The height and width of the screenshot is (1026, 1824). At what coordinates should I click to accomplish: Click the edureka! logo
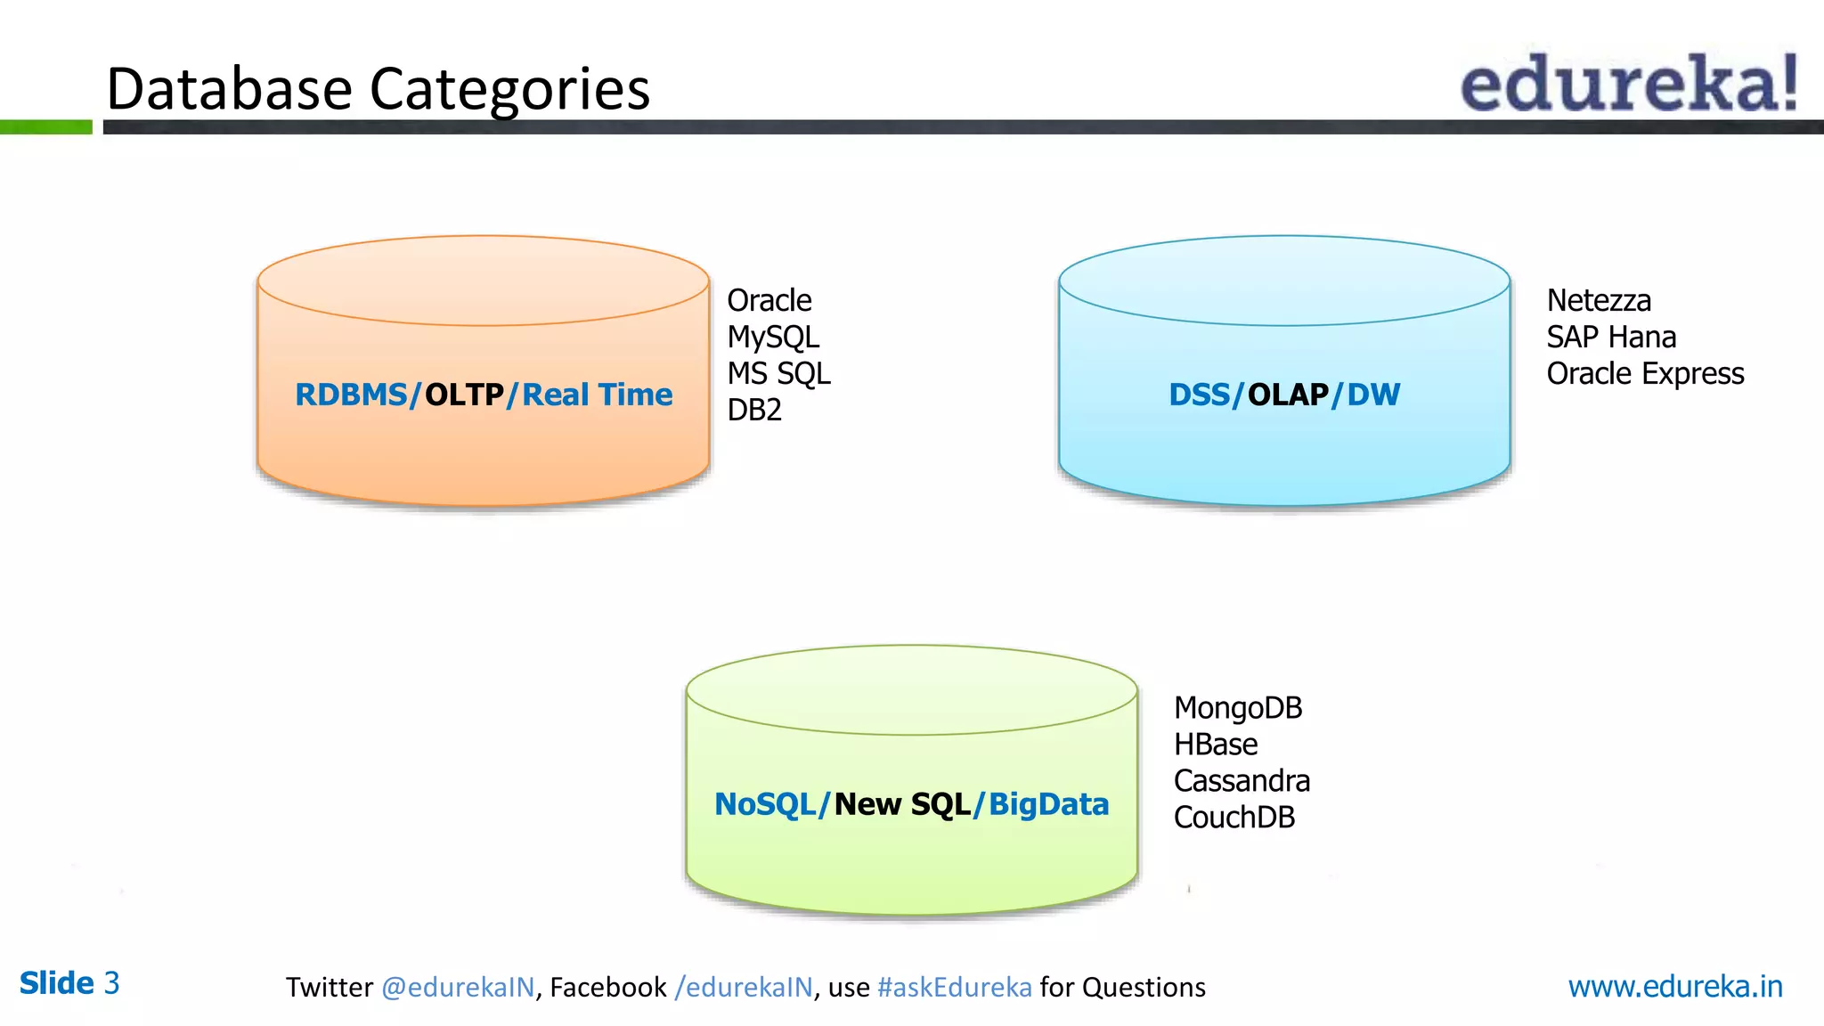coord(1628,84)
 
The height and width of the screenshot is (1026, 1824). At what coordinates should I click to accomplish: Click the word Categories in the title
coord(509,89)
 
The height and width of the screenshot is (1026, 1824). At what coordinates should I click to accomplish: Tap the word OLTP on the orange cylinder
coord(464,395)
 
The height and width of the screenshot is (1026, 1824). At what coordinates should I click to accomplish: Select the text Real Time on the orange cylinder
coord(597,395)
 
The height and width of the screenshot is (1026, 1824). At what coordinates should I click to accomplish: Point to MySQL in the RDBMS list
coord(772,338)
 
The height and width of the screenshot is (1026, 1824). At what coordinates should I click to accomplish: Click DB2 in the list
coord(753,410)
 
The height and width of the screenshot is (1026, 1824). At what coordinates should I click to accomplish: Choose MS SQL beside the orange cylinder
coord(778,373)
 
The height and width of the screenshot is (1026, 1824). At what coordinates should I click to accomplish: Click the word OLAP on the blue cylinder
coord(1288,395)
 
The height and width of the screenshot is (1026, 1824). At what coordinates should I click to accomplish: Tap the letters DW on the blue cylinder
coord(1373,395)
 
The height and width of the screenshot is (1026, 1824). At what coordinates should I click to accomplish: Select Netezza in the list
coord(1599,301)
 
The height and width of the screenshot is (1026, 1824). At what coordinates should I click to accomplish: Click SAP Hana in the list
coord(1610,338)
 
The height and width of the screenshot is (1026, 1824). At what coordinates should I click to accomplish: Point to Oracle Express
coord(1644,374)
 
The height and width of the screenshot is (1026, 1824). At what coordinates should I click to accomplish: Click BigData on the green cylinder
coord(1048,804)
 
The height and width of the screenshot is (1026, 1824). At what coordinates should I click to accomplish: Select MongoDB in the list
coord(1237,708)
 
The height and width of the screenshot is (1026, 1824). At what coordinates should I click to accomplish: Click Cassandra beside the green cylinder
coord(1241,781)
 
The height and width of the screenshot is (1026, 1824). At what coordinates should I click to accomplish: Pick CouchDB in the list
coord(1234,818)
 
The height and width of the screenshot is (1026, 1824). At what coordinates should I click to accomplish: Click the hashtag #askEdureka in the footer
coord(954,987)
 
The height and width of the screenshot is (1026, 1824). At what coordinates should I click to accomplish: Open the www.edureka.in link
coord(1674,986)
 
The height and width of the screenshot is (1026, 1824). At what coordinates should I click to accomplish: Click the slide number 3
coord(111,983)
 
